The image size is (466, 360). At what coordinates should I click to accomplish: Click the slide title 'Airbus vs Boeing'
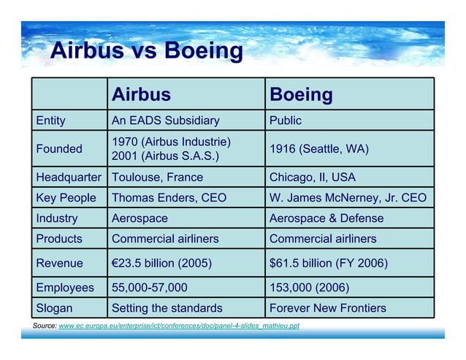(146, 51)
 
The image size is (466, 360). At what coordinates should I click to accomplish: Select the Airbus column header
(141, 94)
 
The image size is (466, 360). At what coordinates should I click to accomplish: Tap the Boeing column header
(301, 94)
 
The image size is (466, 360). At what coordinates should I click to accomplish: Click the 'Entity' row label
(51, 120)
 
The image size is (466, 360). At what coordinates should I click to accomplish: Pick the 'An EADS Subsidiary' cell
(165, 120)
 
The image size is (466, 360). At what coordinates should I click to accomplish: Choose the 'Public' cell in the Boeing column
(286, 120)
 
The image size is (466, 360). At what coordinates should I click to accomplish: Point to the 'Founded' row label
(59, 149)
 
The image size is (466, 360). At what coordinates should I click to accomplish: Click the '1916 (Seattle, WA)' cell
(319, 149)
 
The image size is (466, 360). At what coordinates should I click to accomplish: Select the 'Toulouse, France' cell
(157, 177)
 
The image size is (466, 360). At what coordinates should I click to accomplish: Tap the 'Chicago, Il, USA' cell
(313, 177)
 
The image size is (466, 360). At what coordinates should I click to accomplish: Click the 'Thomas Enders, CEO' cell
(169, 198)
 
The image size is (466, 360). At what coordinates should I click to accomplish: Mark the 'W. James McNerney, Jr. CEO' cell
(348, 198)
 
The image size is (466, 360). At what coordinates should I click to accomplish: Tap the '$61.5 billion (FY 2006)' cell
(329, 263)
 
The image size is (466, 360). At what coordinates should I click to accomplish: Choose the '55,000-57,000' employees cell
(150, 288)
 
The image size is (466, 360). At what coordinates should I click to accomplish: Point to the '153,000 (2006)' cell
(310, 288)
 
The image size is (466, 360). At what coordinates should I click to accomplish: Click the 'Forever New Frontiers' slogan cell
(328, 308)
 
